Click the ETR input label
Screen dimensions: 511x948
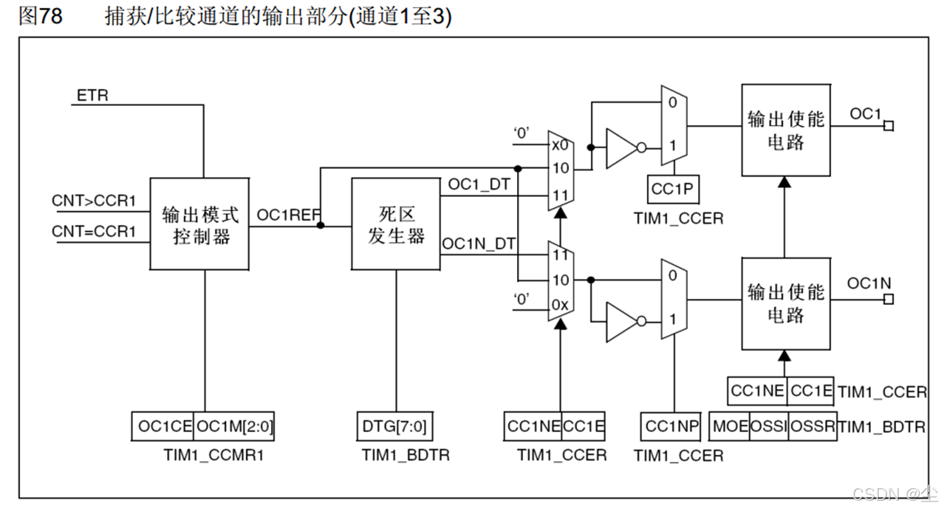(92, 96)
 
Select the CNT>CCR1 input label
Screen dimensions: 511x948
(94, 201)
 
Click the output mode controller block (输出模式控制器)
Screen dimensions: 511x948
(199, 224)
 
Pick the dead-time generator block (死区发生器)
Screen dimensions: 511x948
(396, 224)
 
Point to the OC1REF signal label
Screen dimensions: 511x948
(286, 214)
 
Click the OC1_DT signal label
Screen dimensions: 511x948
(478, 186)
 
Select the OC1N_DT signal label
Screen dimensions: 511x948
(478, 243)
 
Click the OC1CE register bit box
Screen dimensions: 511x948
(165, 426)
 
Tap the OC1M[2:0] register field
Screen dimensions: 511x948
(234, 426)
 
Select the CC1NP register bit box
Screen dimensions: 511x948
(671, 426)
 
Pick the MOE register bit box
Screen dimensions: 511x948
(730, 426)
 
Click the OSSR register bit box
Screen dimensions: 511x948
(812, 426)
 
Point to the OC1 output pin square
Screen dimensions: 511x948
(888, 126)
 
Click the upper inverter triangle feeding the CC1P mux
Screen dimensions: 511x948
(621, 147)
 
